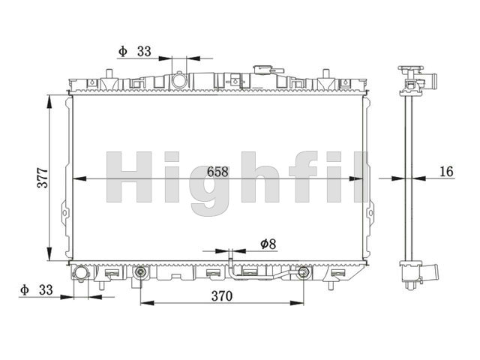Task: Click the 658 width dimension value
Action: (217, 172)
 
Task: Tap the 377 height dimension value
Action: (43, 178)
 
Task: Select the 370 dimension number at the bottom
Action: (222, 296)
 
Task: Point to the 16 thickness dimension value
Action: (446, 172)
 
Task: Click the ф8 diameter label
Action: (268, 244)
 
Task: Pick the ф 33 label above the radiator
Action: (135, 52)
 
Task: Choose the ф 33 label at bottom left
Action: (37, 289)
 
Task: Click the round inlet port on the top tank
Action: (178, 80)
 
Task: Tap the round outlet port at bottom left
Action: (81, 272)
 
